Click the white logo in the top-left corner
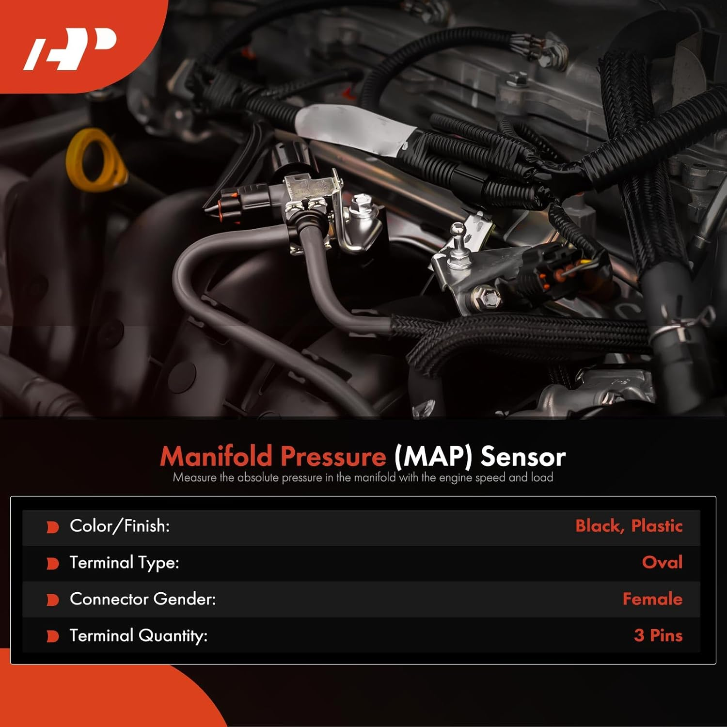(70, 48)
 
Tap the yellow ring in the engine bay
(95, 160)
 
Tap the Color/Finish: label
(120, 526)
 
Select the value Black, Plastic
(629, 526)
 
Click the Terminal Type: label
(124, 563)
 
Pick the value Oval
(662, 563)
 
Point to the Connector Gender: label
(142, 600)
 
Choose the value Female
(652, 600)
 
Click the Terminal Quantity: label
(138, 636)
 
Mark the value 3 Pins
(658, 636)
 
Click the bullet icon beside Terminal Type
(52, 564)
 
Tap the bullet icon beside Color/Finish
(52, 527)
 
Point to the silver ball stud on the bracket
(457, 231)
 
